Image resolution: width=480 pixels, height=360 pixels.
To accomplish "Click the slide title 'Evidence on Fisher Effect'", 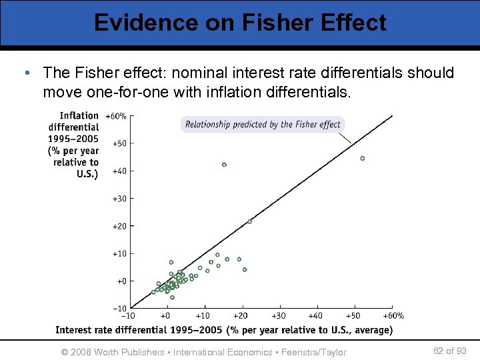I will [240, 23].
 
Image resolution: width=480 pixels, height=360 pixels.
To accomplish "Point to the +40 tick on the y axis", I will [119, 171].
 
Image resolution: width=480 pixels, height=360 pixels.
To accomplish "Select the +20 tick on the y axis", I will [119, 227].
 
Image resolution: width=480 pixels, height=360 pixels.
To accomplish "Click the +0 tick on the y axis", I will [121, 281].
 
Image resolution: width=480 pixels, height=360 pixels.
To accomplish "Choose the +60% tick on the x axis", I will [393, 316].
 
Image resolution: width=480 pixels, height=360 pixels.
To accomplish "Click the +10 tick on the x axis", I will [203, 316].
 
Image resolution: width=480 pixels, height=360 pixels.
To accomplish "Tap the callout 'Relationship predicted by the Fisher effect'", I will [263, 125].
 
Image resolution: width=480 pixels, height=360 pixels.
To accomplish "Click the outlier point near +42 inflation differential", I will [224, 165].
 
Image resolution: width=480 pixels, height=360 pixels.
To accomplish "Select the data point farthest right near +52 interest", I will [363, 159].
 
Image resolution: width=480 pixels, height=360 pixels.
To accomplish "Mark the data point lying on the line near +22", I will [250, 221].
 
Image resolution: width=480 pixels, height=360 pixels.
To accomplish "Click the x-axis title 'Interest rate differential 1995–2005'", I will [224, 330].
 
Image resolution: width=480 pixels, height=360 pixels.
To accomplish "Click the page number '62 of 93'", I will [449, 351].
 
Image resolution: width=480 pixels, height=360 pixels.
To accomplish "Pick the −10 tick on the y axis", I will [119, 309].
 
